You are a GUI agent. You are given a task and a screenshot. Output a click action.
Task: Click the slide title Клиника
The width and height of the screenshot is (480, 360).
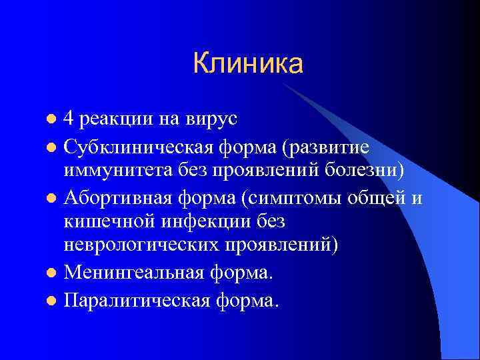[x=247, y=64]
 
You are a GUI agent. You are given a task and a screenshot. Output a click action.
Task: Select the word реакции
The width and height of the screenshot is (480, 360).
[x=112, y=120]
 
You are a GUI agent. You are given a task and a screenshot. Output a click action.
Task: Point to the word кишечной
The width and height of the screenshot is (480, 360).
[x=107, y=221]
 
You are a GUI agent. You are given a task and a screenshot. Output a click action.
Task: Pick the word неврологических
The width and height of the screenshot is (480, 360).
[x=142, y=245]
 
